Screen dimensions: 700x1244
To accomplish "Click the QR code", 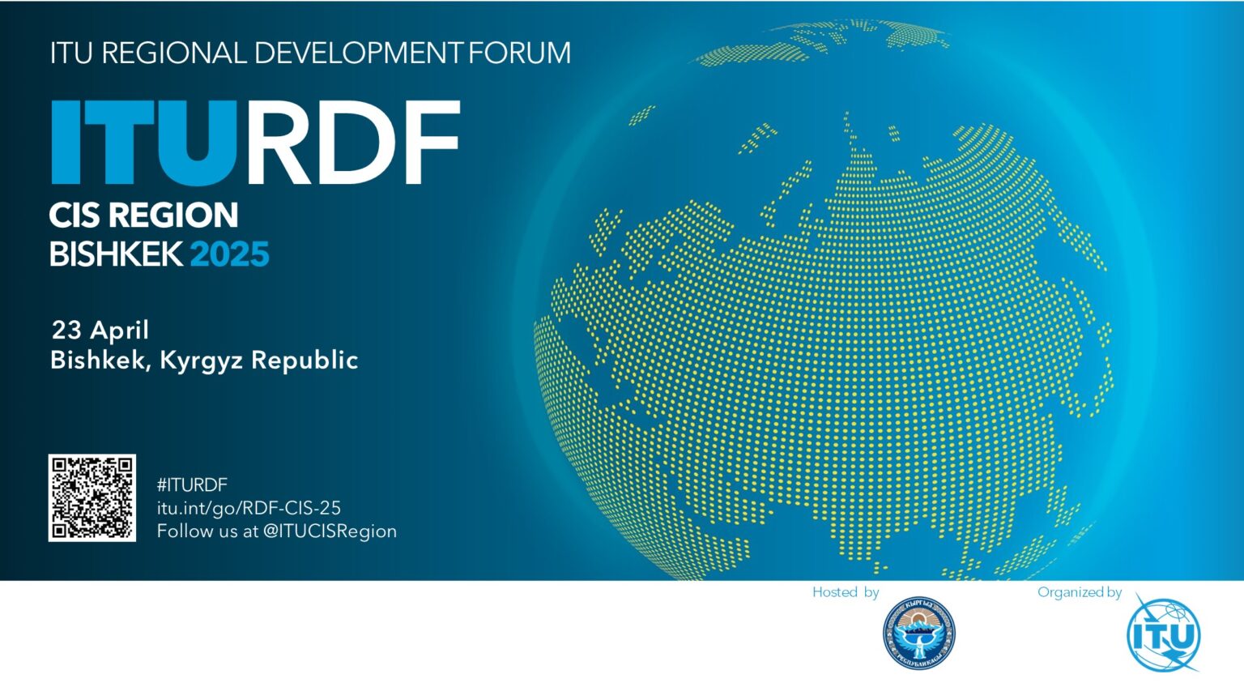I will [x=92, y=497].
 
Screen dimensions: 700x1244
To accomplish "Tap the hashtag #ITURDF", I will [x=192, y=484].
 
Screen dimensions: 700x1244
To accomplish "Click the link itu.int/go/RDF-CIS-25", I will [x=249, y=508].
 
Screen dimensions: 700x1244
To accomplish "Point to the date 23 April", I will [x=100, y=330].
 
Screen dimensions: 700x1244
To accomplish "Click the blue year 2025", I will [x=229, y=254].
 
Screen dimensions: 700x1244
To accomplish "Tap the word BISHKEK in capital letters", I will [x=116, y=254].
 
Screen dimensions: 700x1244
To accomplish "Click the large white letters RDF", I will [x=352, y=143].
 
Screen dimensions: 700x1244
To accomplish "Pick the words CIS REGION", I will [x=143, y=216].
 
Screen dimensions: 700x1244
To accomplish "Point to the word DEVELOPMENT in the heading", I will [x=358, y=53].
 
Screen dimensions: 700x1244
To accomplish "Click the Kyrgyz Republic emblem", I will [x=918, y=634].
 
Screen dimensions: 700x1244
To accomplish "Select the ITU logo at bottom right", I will [x=1163, y=634].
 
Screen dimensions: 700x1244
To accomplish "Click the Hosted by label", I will [x=846, y=592].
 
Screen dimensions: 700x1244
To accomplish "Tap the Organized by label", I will [x=1079, y=592].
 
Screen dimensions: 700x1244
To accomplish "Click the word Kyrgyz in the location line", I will [x=201, y=361].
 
